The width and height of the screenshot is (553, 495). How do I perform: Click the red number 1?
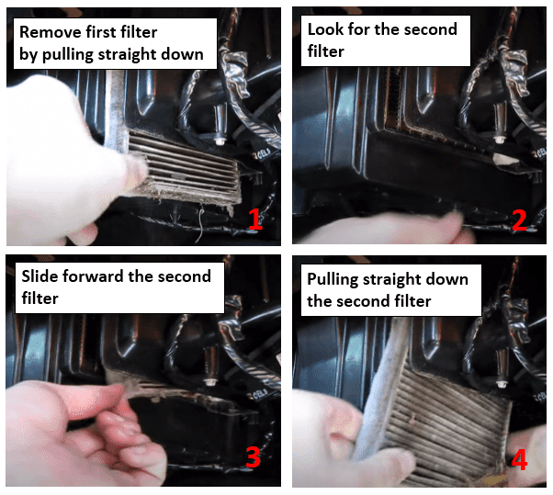click(x=254, y=221)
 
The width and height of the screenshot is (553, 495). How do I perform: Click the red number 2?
click(x=519, y=220)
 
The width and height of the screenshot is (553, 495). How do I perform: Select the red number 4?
click(x=520, y=458)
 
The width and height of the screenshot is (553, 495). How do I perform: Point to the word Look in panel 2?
click(x=325, y=30)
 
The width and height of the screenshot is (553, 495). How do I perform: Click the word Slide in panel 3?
click(x=39, y=276)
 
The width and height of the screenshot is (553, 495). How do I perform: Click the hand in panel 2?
click(x=386, y=225)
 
